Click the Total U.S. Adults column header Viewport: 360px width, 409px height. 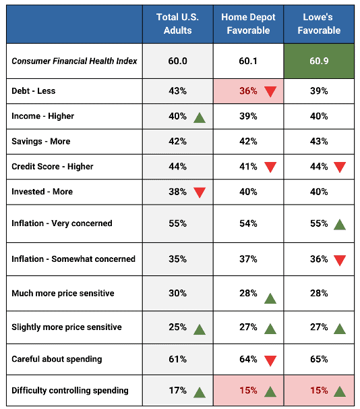click(177, 24)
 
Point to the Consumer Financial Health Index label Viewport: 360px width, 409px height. click(74, 61)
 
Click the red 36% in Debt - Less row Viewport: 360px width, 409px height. click(249, 91)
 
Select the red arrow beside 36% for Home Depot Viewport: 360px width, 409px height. click(270, 92)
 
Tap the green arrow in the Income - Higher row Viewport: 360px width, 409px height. click(199, 117)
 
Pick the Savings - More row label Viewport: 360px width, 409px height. click(41, 141)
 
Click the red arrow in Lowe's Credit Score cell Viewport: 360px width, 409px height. click(340, 167)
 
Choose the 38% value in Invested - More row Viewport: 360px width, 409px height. click(177, 192)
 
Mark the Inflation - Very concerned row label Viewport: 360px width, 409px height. click(62, 223)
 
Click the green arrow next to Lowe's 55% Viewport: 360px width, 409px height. click(340, 224)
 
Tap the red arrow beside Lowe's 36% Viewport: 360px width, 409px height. click(340, 260)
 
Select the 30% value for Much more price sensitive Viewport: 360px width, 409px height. click(177, 294)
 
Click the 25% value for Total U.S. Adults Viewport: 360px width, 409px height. click(177, 327)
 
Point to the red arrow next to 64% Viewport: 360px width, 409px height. click(270, 360)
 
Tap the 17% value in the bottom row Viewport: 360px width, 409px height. click(177, 390)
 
